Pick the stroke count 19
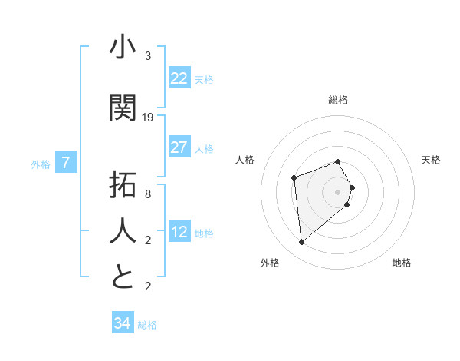148,118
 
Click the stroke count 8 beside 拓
148,194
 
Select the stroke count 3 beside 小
148,56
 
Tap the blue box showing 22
179,78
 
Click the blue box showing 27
179,147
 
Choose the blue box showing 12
179,232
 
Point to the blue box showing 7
66,163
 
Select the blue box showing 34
122,323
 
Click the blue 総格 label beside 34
147,325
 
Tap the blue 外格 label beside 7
41,164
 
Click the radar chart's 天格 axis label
432,160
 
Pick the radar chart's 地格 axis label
402,263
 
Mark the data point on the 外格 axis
302,243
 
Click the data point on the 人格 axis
294,178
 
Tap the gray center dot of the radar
338,191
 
